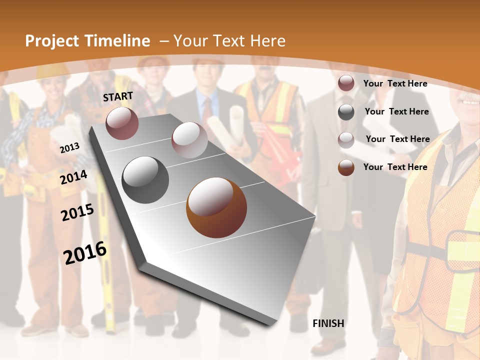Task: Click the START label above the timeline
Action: (x=118, y=96)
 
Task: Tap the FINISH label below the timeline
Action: (x=328, y=323)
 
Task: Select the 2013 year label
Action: (x=69, y=148)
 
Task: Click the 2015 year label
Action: (x=77, y=212)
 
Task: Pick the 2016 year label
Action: (x=85, y=253)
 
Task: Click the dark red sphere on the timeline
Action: (x=122, y=123)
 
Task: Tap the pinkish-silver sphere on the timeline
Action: (x=189, y=140)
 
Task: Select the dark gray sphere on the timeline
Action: (x=145, y=180)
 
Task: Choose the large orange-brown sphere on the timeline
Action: (x=216, y=207)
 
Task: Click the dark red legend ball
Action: (x=346, y=83)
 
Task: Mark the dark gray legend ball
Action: (x=346, y=112)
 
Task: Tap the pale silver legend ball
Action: (x=346, y=140)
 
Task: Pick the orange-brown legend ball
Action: (x=346, y=167)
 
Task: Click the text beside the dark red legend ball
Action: (x=395, y=83)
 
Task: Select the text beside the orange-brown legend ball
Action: (x=395, y=167)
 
